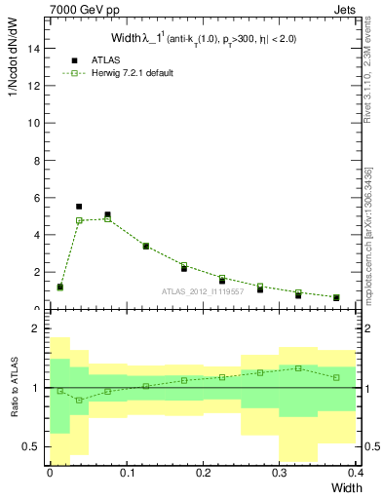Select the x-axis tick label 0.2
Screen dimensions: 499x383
(203, 473)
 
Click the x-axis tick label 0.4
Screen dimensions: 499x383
(355, 473)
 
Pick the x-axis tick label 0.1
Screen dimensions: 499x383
(126, 473)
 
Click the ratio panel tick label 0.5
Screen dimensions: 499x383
(31, 446)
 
